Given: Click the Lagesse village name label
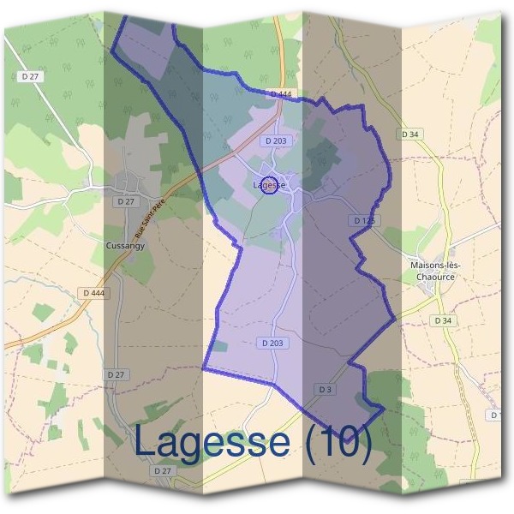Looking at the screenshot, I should click(269, 185).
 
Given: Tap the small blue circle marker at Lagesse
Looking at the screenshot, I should click(269, 186).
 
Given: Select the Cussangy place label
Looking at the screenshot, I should click(125, 245).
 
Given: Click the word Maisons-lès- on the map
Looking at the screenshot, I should click(436, 266).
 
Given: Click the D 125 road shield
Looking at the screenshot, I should click(364, 221).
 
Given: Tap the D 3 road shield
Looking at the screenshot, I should click(324, 390).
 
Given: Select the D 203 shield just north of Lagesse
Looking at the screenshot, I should click(276, 140).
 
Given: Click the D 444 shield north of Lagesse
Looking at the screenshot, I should click(280, 94).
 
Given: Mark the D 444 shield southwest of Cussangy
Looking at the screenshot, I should click(94, 293).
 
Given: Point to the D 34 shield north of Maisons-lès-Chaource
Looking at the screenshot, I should click(410, 134).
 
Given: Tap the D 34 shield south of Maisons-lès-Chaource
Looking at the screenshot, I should click(442, 320).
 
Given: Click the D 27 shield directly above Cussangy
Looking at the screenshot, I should click(125, 201).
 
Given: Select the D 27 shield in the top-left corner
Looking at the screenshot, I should click(29, 76).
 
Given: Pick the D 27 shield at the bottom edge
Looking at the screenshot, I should click(162, 471).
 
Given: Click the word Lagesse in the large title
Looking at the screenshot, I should click(212, 442).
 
